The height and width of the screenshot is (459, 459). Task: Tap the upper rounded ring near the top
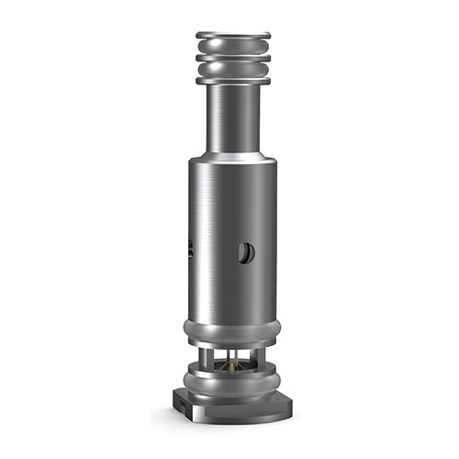(x=233, y=46)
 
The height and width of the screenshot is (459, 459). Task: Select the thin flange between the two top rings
(x=233, y=57)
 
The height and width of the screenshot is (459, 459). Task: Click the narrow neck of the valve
(x=233, y=115)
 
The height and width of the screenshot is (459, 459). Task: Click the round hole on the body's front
(x=245, y=252)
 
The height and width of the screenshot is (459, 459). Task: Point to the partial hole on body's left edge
(x=190, y=247)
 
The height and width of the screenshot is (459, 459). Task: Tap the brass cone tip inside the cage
(x=231, y=364)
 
